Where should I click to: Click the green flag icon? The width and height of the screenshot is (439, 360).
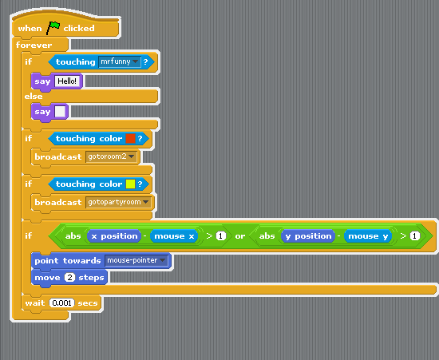click(x=53, y=28)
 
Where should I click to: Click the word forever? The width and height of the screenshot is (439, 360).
click(x=34, y=45)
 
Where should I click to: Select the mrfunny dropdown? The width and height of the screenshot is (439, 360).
click(x=120, y=61)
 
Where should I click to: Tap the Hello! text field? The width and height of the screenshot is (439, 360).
click(x=67, y=81)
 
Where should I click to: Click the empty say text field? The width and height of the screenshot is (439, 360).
click(x=60, y=112)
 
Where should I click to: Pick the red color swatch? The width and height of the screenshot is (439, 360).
click(x=130, y=138)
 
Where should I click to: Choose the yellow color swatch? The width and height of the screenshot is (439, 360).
click(x=130, y=184)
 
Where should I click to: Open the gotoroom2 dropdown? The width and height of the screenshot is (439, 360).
click(x=111, y=156)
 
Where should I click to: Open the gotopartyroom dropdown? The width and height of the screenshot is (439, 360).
click(x=118, y=202)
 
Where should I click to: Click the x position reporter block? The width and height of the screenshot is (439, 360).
click(x=114, y=236)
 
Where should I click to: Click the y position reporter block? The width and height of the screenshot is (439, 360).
click(x=308, y=236)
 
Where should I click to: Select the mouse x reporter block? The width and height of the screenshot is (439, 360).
click(x=174, y=236)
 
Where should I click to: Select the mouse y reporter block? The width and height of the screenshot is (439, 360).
click(x=368, y=236)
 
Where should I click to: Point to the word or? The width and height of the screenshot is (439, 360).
click(x=240, y=236)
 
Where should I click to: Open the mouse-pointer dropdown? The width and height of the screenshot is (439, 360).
click(x=136, y=260)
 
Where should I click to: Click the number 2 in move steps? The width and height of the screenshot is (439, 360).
click(x=69, y=278)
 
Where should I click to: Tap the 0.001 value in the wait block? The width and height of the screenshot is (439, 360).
click(x=62, y=303)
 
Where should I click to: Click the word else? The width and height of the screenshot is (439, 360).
click(x=34, y=97)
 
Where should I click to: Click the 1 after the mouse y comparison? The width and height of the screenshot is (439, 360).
click(x=415, y=236)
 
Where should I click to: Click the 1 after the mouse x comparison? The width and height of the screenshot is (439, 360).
click(x=221, y=236)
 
